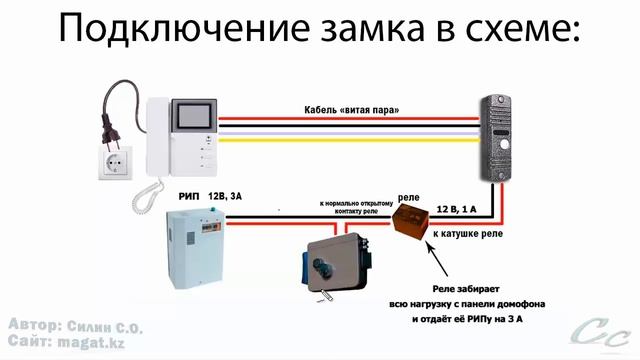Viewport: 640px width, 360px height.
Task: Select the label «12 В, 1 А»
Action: pyautogui.click(x=457, y=209)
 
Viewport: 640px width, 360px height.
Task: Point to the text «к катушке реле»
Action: pyautogui.click(x=466, y=240)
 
